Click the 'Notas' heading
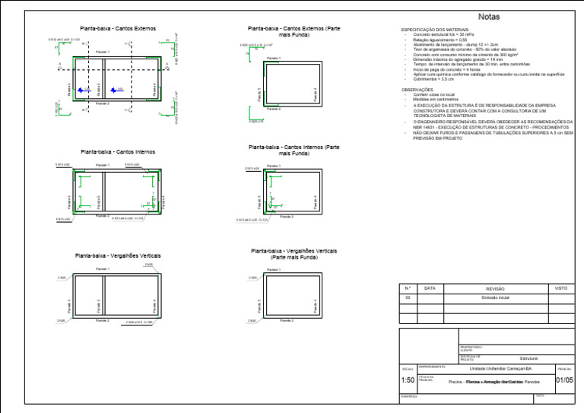point(489,17)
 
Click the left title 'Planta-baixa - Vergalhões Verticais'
point(118,256)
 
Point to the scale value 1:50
point(408,380)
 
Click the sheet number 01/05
point(566,380)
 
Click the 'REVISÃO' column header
point(495,289)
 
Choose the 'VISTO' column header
point(561,288)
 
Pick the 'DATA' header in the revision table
point(430,288)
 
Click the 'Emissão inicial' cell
point(495,298)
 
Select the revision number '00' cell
point(408,298)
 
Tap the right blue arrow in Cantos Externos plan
point(114,90)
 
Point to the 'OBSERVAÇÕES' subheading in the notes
point(418,89)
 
